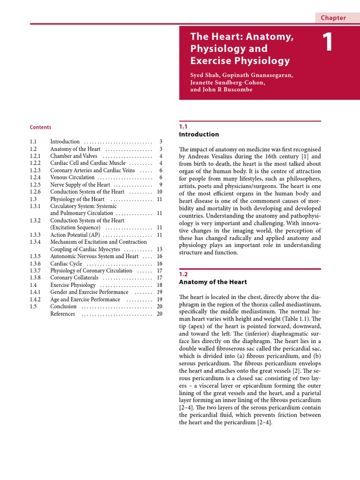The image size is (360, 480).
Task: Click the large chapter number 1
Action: pos(328,43)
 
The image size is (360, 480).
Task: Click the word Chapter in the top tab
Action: pos(333,18)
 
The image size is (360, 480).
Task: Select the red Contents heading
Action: pos(40,127)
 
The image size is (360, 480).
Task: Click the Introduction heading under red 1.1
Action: pos(199,135)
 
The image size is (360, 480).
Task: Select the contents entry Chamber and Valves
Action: pos(74,156)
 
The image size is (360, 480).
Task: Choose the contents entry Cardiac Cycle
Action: pos(66,263)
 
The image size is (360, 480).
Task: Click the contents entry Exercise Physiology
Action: pos(73,285)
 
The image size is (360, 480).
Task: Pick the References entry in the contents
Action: pos(62,314)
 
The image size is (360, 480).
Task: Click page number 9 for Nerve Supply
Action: pos(160,185)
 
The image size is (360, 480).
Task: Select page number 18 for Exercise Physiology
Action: pos(159,285)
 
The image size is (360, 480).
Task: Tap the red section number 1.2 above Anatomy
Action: pos(183,274)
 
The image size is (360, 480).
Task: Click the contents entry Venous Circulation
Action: pos(72,178)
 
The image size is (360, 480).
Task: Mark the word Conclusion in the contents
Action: pos(63,307)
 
